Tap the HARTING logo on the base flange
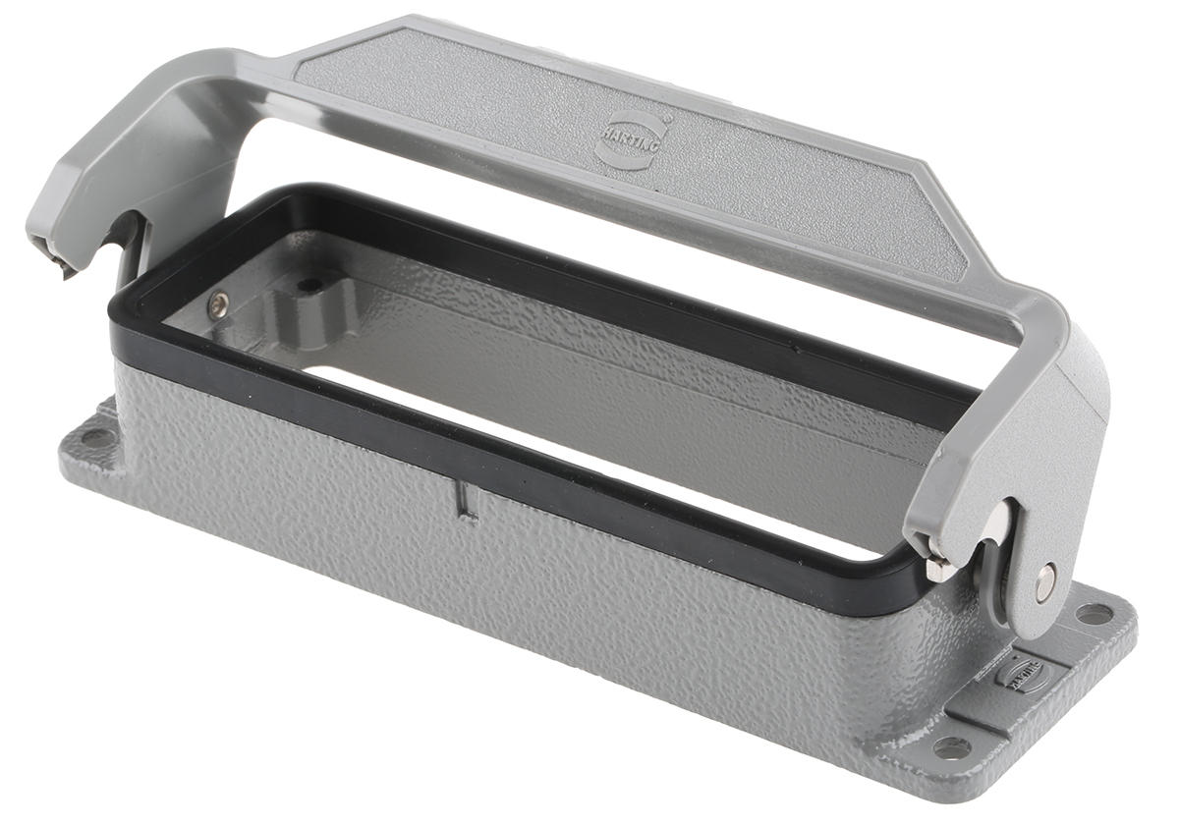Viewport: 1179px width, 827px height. [x=1022, y=674]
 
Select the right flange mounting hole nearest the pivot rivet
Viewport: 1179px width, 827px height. [x=1095, y=615]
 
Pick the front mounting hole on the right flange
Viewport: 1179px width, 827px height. [x=951, y=748]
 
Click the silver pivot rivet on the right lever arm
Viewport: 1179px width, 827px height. [x=1045, y=582]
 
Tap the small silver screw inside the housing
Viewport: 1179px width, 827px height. [x=217, y=306]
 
